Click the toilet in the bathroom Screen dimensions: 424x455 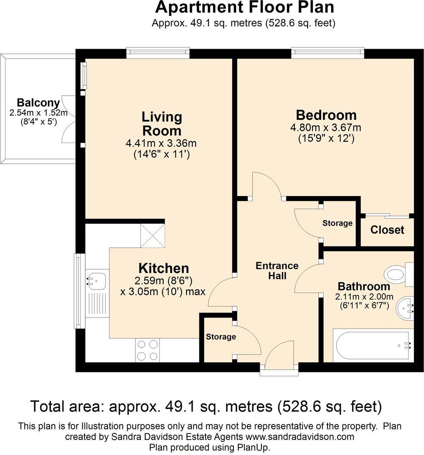point(399,274)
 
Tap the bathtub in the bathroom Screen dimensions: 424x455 point(373,345)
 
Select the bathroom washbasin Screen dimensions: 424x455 point(405,308)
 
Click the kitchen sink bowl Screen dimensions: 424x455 point(96,281)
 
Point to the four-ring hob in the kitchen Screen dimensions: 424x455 point(147,350)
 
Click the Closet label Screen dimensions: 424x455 point(387,230)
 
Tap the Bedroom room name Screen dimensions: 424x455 point(326,115)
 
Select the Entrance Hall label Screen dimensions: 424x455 point(277,271)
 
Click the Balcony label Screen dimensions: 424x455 point(38,103)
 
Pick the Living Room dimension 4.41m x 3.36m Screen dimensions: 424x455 point(161,143)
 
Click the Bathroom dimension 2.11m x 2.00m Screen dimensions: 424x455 point(364,296)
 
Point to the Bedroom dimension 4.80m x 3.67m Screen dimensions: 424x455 point(326,128)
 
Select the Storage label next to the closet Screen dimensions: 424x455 point(337,223)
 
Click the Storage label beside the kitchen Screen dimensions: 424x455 point(221,337)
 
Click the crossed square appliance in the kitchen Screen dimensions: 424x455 point(153,236)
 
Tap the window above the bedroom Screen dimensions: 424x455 point(327,51)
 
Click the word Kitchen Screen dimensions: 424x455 point(164,268)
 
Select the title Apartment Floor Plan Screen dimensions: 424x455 point(245,8)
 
